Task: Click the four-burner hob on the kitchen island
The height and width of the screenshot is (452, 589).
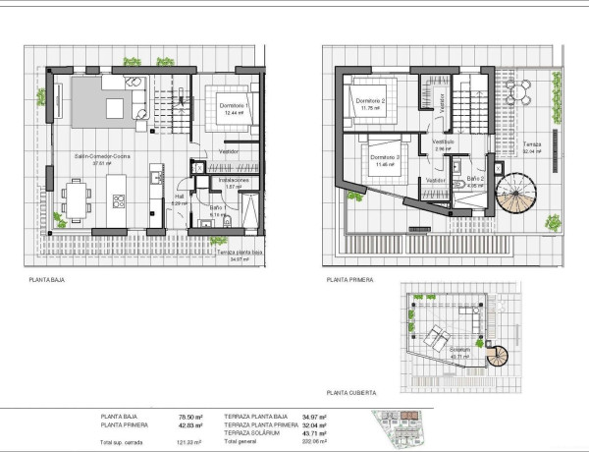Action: pos(120,200)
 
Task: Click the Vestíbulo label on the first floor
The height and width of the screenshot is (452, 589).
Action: pos(443,141)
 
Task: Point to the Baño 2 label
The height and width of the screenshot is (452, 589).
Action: pos(476,178)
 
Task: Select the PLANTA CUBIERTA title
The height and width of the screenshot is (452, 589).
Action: pos(352,389)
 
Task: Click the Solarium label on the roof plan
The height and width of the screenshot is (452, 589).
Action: pos(460,349)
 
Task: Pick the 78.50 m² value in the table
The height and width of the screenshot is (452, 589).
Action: pos(189,417)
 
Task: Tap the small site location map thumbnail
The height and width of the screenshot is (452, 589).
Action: pos(403,428)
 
